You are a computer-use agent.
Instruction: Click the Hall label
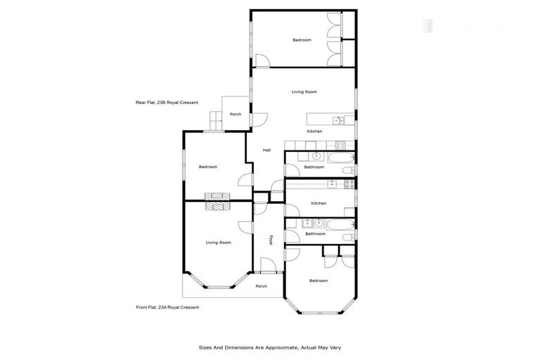pos(267,150)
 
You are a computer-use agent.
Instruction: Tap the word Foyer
pos(271,239)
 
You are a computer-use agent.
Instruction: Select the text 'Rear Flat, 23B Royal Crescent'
pos(167,103)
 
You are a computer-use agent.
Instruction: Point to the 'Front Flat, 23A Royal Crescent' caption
pos(167,307)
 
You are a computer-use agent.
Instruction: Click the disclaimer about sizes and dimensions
pos(270,347)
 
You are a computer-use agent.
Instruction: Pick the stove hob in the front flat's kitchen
pos(346,184)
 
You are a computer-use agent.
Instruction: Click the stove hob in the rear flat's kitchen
pos(338,146)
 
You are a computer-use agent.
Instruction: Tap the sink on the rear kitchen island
pos(337,120)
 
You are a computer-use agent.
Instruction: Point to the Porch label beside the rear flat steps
pos(236,115)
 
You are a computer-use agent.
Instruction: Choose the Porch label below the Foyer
pos(261,286)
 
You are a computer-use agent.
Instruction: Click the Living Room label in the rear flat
pos(304,92)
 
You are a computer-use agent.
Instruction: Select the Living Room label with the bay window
pos(219,243)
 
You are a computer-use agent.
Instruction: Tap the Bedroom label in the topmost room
pos(302,40)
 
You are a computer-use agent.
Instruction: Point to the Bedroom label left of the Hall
pos(208,167)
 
